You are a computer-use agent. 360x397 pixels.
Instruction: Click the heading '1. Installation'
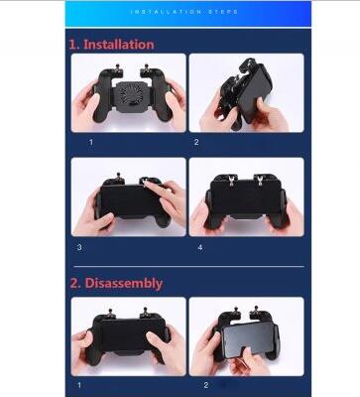click(x=111, y=45)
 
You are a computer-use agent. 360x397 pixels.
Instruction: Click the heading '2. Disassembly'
click(x=116, y=284)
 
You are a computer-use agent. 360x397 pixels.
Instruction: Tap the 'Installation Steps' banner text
click(x=184, y=12)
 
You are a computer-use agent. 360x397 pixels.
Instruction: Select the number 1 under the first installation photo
click(x=91, y=142)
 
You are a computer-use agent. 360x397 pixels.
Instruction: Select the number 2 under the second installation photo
click(x=196, y=142)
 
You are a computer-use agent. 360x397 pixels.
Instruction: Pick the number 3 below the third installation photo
click(x=79, y=247)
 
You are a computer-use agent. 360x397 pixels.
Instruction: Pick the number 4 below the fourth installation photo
click(x=200, y=247)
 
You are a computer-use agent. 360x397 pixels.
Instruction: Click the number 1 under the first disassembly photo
click(x=79, y=385)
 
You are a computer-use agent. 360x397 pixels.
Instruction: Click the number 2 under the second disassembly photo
click(x=206, y=385)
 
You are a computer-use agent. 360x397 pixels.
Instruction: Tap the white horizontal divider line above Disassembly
click(x=188, y=266)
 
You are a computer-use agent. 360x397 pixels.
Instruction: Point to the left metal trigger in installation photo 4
click(x=232, y=180)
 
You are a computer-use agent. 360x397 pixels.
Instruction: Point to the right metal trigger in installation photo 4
click(x=260, y=180)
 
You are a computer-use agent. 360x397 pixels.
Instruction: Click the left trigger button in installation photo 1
click(x=117, y=69)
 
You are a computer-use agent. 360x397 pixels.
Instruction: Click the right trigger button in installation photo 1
click(x=145, y=69)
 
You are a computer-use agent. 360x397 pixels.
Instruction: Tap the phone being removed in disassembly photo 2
click(x=249, y=340)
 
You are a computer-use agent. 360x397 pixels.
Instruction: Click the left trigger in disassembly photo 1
click(x=111, y=313)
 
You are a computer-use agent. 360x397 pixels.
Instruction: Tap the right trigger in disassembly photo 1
click(x=145, y=313)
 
